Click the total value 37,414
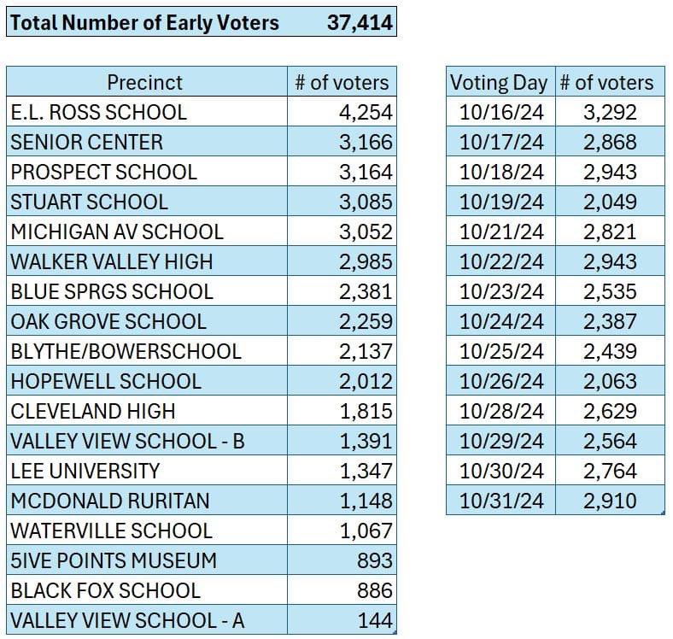pos(360,22)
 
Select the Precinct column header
pos(144,82)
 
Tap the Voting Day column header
pos(499,82)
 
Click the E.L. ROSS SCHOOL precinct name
pos(98,112)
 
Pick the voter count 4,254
pos(366,112)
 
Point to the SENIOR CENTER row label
pos(86,142)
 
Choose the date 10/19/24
pos(500,202)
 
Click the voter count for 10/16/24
pos(610,112)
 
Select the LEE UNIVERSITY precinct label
pos(85,471)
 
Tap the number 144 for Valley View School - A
pos(375,620)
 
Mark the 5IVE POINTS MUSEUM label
pos(114,560)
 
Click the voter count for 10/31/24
pos(610,501)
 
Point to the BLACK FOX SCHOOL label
pos(105,590)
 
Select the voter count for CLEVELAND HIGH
pos(366,411)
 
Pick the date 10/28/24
pos(500,411)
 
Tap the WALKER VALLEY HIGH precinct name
pos(112,261)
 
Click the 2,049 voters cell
pos(610,202)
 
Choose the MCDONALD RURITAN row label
pos(110,501)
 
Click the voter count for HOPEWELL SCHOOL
pos(366,381)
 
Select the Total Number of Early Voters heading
pos(144,22)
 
